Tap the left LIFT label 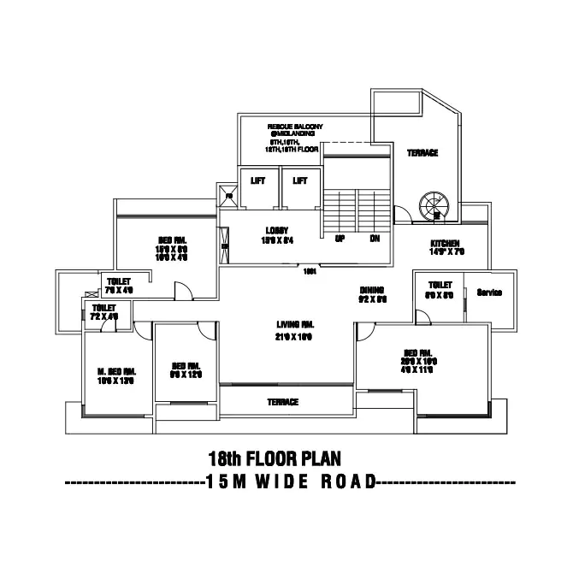257,180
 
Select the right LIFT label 299,180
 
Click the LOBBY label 277,230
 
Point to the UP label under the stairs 340,239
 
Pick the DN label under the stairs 375,239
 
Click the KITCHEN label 446,243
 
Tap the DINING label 371,290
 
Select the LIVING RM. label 294,324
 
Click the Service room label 489,293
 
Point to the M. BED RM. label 117,371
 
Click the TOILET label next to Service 440,285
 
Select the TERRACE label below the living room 283,402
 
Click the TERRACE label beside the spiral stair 422,153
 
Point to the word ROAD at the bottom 348,481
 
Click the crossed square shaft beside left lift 228,196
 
